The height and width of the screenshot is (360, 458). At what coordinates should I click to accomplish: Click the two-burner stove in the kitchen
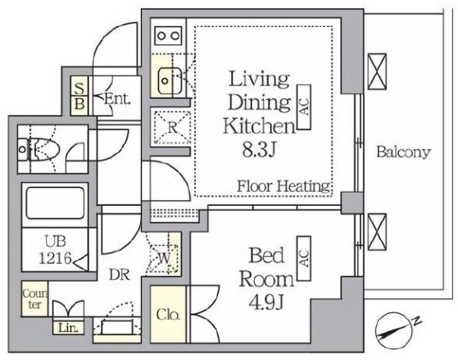[x=168, y=36]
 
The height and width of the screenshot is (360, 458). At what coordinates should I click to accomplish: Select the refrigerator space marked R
[x=172, y=127]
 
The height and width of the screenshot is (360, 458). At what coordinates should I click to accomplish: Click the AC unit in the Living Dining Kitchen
[x=304, y=107]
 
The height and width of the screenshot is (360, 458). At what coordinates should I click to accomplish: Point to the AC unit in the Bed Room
[x=304, y=258]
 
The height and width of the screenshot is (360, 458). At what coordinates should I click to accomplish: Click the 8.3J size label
[x=259, y=151]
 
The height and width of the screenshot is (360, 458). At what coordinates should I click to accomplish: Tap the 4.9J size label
[x=265, y=302]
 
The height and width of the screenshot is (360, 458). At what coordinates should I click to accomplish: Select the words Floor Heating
[x=283, y=186]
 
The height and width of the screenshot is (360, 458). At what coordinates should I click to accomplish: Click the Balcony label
[x=403, y=152]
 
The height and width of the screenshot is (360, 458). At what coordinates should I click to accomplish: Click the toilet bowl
[x=44, y=149]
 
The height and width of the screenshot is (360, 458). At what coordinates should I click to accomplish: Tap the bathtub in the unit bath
[x=55, y=203]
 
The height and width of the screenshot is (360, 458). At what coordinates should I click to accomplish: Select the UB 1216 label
[x=55, y=250]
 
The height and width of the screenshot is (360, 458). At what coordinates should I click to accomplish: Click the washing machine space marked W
[x=165, y=258]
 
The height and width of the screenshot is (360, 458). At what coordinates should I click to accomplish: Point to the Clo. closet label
[x=168, y=315]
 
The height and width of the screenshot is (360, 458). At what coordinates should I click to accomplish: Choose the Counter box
[x=34, y=298]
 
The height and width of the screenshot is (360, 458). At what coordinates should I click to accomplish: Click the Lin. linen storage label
[x=68, y=328]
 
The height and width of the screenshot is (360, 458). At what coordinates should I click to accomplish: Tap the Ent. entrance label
[x=117, y=99]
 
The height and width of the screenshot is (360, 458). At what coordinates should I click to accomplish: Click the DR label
[x=120, y=275]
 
